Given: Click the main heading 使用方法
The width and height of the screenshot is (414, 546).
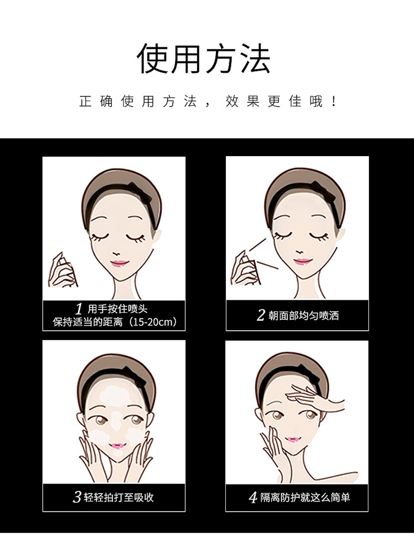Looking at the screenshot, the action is (x=203, y=59).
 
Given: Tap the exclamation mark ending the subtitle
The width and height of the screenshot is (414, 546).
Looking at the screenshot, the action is (x=334, y=102).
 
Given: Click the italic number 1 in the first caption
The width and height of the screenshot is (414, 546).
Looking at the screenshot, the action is (x=79, y=309).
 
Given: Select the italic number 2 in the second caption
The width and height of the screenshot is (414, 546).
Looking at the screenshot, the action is (x=261, y=315).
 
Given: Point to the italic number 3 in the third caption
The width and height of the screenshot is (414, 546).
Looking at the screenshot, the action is (x=77, y=497).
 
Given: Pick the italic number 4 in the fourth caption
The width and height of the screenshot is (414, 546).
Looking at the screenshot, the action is (x=253, y=497).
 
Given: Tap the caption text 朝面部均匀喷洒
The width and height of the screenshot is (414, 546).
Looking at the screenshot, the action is (x=303, y=315).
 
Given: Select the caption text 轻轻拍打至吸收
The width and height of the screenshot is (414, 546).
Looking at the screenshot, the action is (x=119, y=497).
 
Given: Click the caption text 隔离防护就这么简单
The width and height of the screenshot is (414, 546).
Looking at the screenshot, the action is (x=305, y=497).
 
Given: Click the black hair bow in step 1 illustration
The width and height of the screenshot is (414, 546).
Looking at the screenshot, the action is (x=140, y=192).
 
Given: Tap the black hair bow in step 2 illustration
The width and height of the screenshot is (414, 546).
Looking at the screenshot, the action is (x=324, y=191).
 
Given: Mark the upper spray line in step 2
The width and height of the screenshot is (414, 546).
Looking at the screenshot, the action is (x=258, y=244).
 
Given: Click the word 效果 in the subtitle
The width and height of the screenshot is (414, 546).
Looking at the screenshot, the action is (x=242, y=102).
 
